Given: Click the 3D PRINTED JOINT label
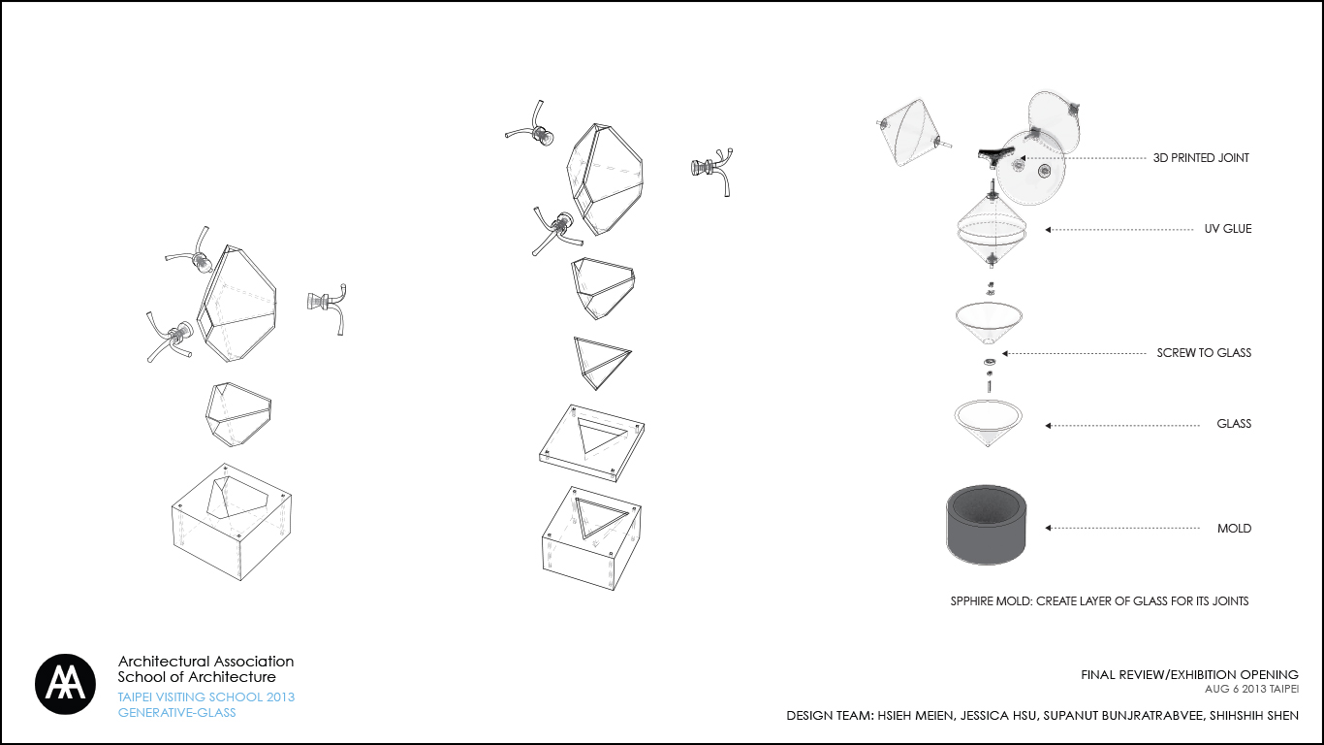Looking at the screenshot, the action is [1201, 158].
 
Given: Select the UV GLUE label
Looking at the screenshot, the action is [1228, 229].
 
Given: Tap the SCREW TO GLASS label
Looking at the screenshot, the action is [1204, 353].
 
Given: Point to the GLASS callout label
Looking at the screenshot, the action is [1234, 424].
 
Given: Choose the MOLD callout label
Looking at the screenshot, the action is [1234, 529].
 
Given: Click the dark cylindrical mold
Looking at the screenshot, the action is [987, 525].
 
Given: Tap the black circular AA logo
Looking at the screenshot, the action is [65, 684].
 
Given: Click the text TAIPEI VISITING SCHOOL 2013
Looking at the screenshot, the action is [206, 697].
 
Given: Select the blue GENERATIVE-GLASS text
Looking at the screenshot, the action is [176, 712].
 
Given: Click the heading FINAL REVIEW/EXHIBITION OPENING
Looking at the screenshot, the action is [1190, 674].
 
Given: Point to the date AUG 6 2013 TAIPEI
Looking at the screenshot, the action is [1252, 690].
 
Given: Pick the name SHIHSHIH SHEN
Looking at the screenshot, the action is [1254, 715].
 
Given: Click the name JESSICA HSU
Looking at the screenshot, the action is [998, 715].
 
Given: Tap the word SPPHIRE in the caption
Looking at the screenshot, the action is [972, 601].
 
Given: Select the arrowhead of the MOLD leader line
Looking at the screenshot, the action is [1048, 528].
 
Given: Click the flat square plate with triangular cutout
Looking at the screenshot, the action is [591, 442].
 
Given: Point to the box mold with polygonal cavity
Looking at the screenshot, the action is [232, 521].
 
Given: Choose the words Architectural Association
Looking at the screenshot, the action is [205, 661].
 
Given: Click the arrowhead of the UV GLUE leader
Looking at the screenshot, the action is [1048, 230].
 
